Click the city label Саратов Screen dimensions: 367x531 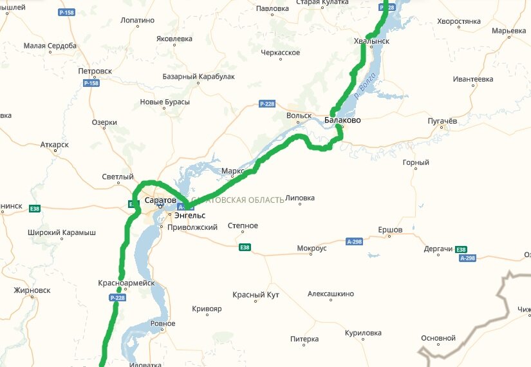(160, 201)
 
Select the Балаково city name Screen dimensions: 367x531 (342, 120)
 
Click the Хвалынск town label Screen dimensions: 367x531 (371, 41)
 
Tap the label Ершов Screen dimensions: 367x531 (389, 230)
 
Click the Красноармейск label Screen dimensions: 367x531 (126, 283)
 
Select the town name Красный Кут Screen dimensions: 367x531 (257, 295)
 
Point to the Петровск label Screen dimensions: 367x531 (95, 71)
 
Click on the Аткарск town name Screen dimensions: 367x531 (54, 145)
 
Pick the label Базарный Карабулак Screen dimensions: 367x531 (198, 77)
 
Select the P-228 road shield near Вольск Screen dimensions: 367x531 (268, 104)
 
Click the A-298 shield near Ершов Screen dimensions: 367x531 (355, 241)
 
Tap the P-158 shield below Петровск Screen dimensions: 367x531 (91, 83)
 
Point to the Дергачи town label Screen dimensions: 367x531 (438, 249)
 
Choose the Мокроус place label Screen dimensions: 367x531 (312, 248)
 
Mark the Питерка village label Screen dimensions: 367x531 (304, 339)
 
